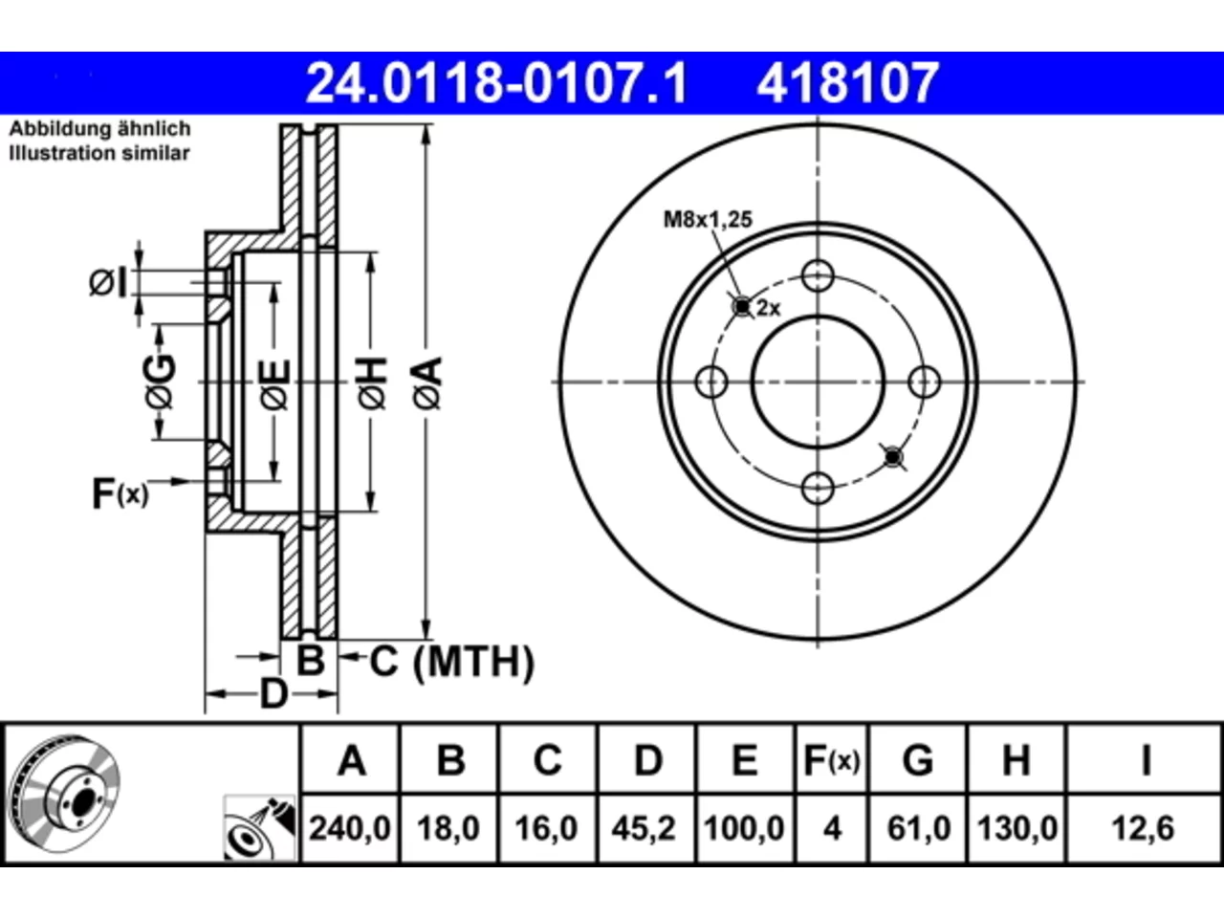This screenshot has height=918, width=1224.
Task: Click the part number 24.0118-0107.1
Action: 496,83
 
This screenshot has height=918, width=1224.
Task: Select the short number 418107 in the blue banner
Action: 847,83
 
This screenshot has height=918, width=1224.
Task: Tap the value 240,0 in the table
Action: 350,828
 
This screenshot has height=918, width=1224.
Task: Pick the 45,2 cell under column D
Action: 645,828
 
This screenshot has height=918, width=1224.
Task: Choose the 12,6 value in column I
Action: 1143,828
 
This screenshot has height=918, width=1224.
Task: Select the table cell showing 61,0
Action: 919,828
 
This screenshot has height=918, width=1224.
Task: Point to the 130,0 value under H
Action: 1017,828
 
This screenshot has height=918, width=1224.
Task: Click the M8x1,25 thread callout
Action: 708,220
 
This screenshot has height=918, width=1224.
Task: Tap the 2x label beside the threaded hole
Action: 769,308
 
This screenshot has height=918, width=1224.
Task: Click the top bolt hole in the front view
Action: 818,275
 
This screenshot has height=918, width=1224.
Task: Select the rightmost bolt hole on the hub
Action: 924,382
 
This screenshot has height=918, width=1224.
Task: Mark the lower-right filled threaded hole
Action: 893,457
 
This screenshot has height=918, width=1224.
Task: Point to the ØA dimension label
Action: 428,382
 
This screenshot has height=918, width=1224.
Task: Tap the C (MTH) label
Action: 451,662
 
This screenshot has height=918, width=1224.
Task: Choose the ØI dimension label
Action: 108,282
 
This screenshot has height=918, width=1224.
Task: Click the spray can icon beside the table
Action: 259,828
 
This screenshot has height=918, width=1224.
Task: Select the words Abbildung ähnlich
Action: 99,129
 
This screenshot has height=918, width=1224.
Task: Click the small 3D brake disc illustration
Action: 65,794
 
